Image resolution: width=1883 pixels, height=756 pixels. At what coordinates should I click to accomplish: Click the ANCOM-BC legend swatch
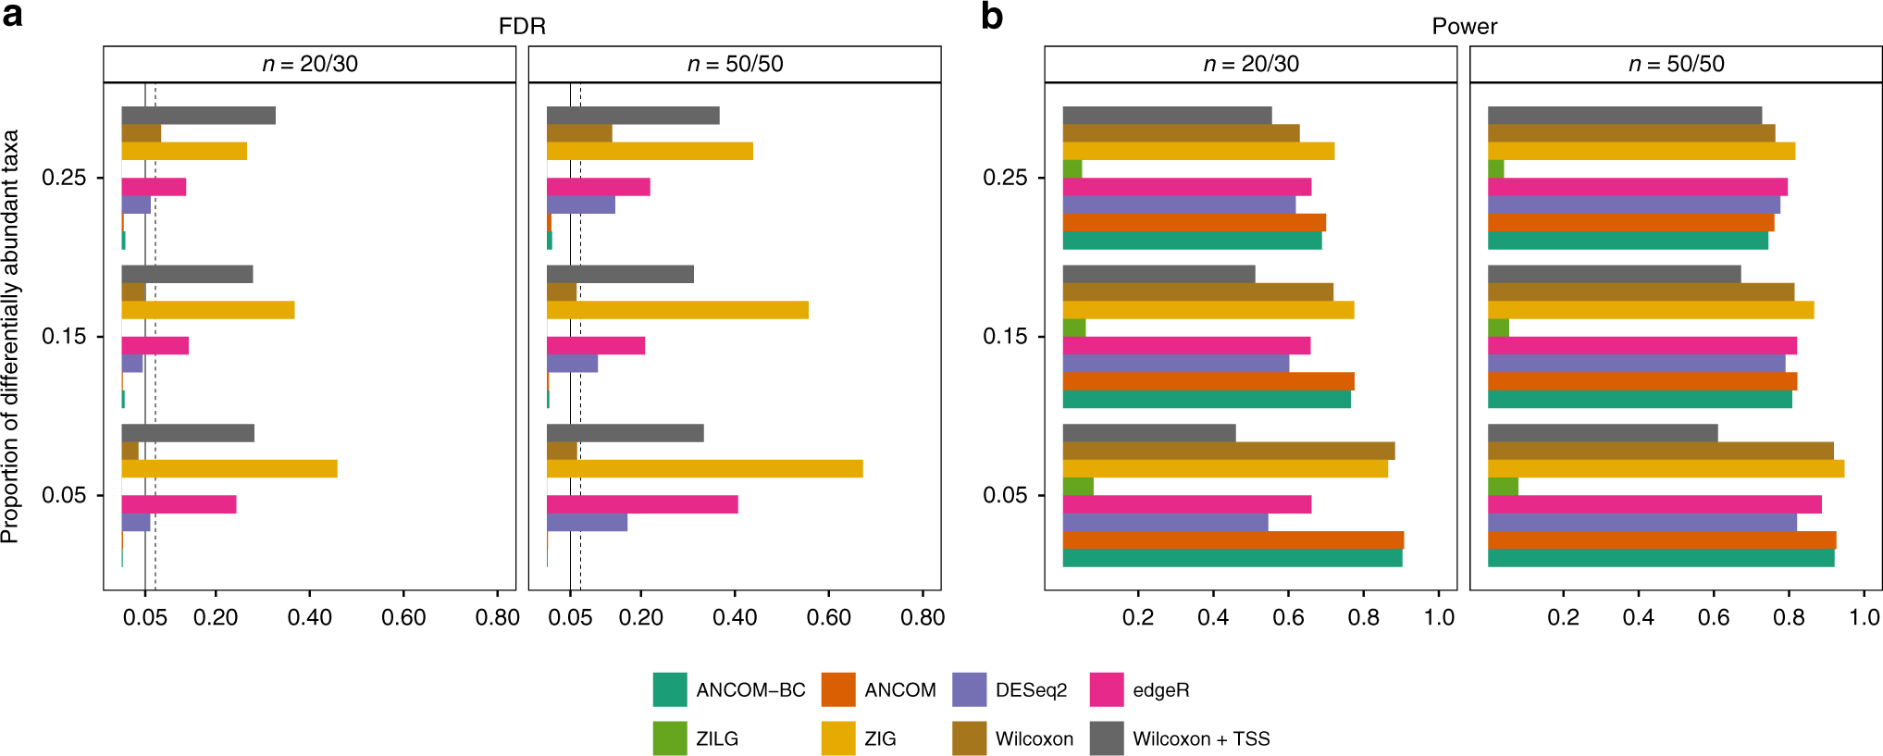pyautogui.click(x=670, y=690)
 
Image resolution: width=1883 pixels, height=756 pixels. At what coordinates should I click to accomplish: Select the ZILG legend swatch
pyautogui.click(x=670, y=738)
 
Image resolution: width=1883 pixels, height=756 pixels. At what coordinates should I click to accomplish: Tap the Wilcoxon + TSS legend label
pyautogui.click(x=1201, y=738)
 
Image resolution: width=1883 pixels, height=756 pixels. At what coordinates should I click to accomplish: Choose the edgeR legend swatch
pyautogui.click(x=1107, y=690)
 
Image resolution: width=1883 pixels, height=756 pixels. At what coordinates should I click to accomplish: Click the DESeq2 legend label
pyautogui.click(x=1031, y=690)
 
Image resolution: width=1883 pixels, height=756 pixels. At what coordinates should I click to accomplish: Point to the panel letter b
pyautogui.click(x=992, y=17)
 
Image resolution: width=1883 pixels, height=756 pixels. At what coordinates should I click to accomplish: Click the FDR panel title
pyautogui.click(x=522, y=26)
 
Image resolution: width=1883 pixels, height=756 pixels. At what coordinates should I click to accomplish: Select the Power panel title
pyautogui.click(x=1464, y=26)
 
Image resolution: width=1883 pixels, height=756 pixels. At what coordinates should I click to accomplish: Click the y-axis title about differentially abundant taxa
pyautogui.click(x=10, y=336)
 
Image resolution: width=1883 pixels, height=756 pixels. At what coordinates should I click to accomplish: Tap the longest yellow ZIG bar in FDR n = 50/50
pyautogui.click(x=704, y=468)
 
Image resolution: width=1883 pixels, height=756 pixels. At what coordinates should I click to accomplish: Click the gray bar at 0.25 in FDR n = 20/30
pyautogui.click(x=198, y=116)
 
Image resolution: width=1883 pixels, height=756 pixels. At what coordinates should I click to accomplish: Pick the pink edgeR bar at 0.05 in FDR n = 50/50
pyautogui.click(x=642, y=504)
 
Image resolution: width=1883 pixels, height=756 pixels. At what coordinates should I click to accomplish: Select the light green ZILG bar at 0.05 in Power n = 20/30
pyautogui.click(x=1078, y=487)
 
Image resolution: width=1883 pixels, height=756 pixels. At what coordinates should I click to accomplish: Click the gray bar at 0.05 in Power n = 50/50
pyautogui.click(x=1603, y=433)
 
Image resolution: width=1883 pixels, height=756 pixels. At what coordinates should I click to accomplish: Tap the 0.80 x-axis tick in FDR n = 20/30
pyautogui.click(x=498, y=617)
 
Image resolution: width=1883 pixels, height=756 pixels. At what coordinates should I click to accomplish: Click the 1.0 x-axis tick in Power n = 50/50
pyautogui.click(x=1864, y=617)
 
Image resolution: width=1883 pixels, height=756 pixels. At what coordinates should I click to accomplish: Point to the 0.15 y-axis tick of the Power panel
pyautogui.click(x=1005, y=337)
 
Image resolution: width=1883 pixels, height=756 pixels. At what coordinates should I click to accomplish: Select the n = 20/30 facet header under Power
pyautogui.click(x=1251, y=64)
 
